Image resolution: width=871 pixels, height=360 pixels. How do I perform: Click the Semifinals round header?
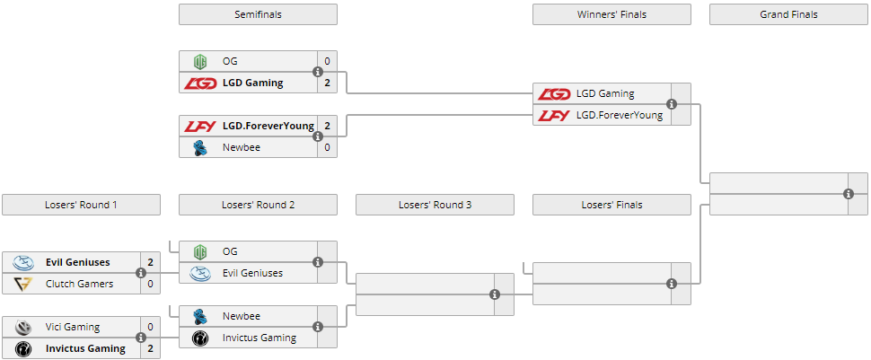point(258,14)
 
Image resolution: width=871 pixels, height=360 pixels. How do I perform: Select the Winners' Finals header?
point(611,14)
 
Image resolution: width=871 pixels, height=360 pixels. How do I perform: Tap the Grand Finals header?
point(788,14)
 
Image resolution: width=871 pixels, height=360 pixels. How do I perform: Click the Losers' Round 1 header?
point(81,205)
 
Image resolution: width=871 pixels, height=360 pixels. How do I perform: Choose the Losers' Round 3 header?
point(435,205)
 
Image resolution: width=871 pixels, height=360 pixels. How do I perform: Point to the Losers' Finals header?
point(611,205)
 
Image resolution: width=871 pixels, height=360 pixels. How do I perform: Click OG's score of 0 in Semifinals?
point(327,61)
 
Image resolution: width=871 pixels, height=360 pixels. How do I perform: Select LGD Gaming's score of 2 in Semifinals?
point(327,83)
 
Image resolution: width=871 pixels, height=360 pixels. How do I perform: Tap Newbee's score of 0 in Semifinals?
point(327,147)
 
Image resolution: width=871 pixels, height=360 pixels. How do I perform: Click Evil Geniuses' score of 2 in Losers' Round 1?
point(150,262)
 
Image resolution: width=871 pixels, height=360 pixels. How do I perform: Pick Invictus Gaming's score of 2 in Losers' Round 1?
point(150,348)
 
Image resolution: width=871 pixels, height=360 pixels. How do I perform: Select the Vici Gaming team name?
point(73,327)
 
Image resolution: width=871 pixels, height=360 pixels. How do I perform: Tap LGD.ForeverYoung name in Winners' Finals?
point(620,115)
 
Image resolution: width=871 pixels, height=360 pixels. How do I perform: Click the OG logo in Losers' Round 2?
point(200,251)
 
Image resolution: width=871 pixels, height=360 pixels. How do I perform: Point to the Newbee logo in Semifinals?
point(200,147)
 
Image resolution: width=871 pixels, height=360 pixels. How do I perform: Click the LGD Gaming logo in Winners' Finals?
point(554,93)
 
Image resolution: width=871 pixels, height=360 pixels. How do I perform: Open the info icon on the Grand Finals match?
point(849,194)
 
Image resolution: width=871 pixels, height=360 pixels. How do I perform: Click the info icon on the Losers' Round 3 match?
point(495,294)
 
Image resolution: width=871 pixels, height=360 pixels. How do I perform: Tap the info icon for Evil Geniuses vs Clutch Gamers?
point(141,273)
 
